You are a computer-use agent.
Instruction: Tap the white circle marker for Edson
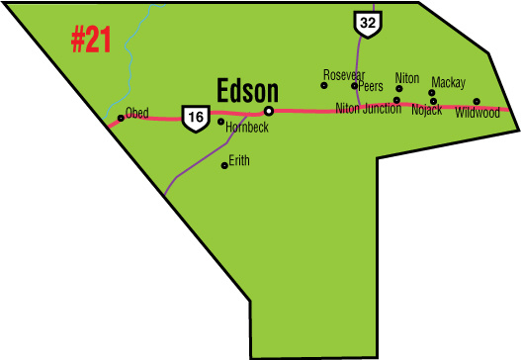(268, 111)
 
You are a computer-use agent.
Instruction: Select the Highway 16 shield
(194, 118)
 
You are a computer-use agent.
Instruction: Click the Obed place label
(135, 113)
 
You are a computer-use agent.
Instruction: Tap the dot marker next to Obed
(121, 118)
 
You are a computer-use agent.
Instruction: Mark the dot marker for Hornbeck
(220, 122)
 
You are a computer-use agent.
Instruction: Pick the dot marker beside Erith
(224, 165)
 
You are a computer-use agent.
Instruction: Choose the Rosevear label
(344, 74)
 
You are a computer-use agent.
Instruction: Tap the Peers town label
(371, 86)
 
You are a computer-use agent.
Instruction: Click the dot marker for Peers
(354, 86)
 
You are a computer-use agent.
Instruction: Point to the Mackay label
(448, 82)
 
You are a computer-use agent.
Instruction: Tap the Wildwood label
(478, 113)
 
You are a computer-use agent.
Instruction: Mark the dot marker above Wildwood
(477, 101)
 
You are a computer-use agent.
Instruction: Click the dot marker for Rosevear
(323, 86)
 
